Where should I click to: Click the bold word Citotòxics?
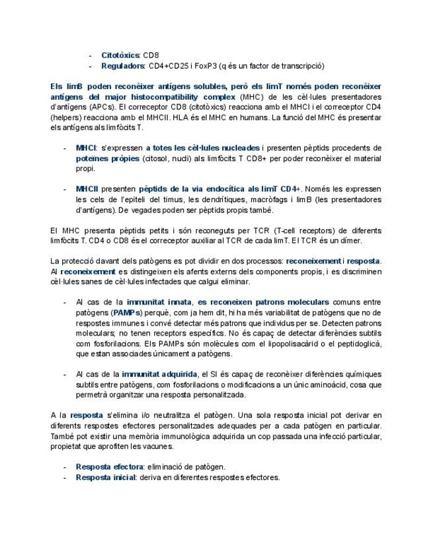(120, 55)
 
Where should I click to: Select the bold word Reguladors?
(123, 65)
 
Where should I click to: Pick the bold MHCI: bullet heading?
(86, 148)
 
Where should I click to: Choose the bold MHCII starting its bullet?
(87, 189)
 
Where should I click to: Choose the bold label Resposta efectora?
(109, 467)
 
